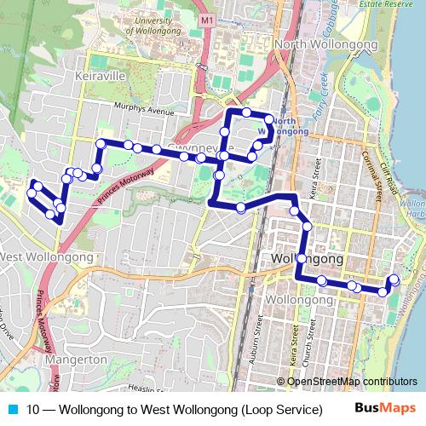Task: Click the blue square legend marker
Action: click(13, 408)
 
